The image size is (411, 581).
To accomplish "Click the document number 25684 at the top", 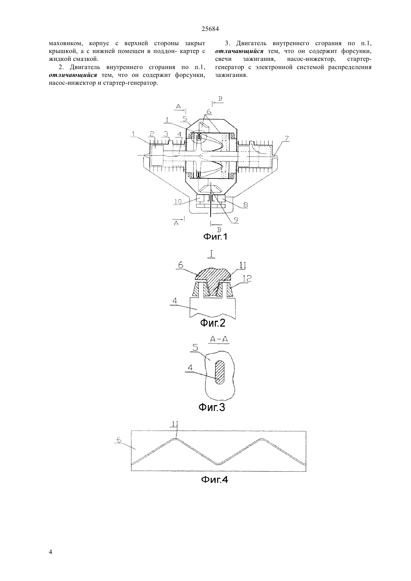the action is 210,29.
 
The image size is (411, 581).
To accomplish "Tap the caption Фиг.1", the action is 215,237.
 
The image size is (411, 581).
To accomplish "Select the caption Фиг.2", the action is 213,323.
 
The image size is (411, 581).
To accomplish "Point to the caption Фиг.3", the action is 212,407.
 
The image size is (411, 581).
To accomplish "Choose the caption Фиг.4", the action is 214,480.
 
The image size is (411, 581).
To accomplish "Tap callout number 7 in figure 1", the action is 286,139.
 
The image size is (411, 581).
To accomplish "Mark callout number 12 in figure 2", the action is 247,278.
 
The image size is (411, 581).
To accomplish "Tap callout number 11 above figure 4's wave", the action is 175,424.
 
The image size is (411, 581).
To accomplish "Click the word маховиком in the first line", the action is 65,43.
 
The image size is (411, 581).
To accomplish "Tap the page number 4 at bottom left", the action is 50,552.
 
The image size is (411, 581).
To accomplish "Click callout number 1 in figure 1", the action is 133,134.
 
